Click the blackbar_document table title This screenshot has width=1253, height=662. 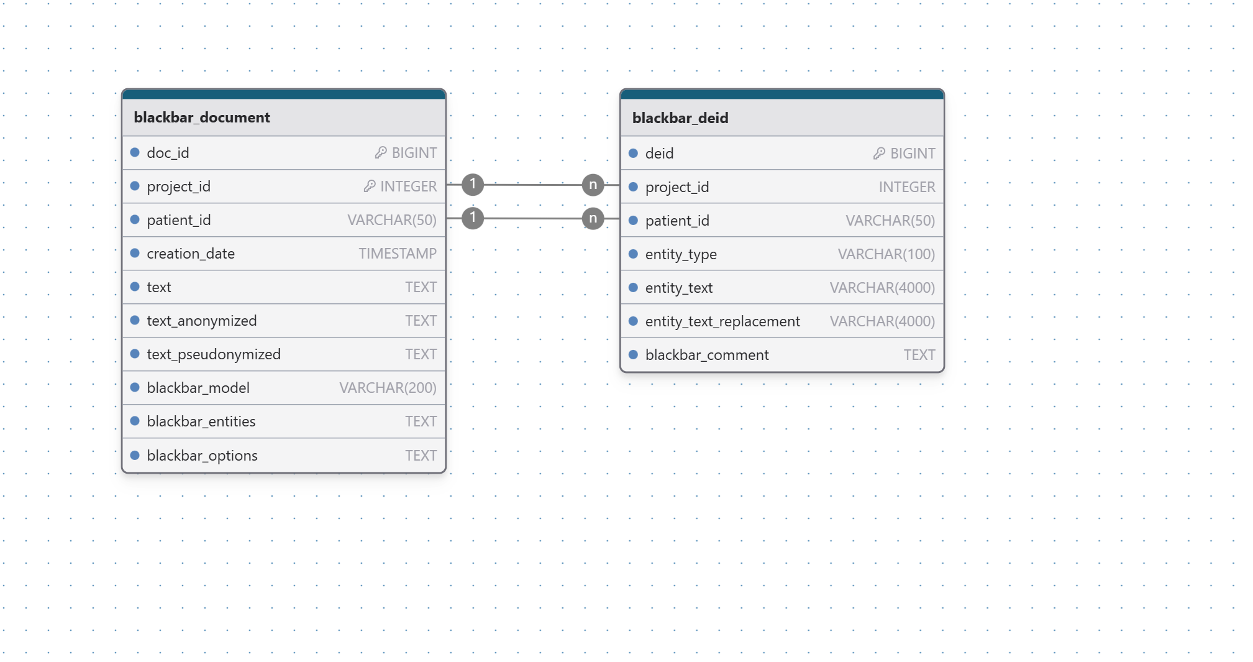click(202, 117)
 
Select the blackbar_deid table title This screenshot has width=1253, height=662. click(680, 118)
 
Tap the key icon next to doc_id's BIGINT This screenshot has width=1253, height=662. click(381, 152)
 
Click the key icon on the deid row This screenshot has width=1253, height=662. click(879, 153)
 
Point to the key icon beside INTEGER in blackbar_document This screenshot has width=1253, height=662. click(370, 186)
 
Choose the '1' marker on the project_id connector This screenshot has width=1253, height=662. click(473, 184)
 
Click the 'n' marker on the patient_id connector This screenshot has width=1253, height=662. click(593, 218)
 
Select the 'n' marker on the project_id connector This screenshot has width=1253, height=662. click(593, 185)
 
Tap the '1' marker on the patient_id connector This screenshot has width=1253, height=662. click(473, 218)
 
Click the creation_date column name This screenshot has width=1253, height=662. click(191, 254)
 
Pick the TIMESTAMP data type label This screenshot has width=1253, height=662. click(398, 254)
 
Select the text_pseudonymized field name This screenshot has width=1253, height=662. click(214, 354)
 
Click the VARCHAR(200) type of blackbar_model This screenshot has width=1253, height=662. click(388, 388)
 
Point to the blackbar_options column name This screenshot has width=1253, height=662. click(202, 456)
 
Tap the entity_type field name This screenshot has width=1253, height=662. click(681, 254)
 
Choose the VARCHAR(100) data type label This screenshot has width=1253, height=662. click(886, 254)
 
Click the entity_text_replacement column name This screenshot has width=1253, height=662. click(722, 321)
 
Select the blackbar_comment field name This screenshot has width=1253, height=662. click(707, 355)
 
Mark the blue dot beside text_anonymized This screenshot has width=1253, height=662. click(135, 320)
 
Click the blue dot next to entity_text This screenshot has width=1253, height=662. click(633, 287)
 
